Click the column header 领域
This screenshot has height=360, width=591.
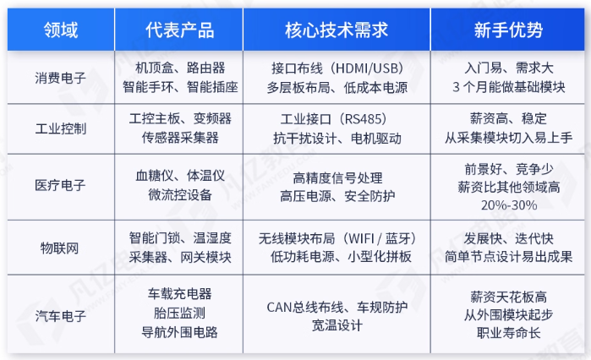[x=61, y=30]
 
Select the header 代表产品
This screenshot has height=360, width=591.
[x=180, y=30]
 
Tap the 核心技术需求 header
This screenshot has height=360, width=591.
[x=337, y=30]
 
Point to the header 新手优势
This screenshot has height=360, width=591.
[x=508, y=30]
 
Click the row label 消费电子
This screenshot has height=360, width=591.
[x=60, y=78]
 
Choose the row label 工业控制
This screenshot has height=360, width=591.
[x=60, y=128]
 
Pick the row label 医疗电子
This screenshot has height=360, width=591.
[x=60, y=185]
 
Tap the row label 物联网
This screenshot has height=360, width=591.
[x=59, y=248]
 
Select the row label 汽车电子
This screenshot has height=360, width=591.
[x=60, y=315]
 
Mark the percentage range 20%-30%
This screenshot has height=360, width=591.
[x=509, y=205]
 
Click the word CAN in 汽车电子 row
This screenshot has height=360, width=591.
[x=279, y=308]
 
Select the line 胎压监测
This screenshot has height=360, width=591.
[x=179, y=313]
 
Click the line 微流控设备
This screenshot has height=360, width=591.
[x=180, y=194]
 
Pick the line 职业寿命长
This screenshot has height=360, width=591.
[x=508, y=333]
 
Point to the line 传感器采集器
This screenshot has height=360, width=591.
[x=180, y=138]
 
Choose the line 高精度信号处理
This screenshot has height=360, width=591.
[x=337, y=177]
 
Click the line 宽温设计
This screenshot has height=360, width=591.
[x=337, y=325]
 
